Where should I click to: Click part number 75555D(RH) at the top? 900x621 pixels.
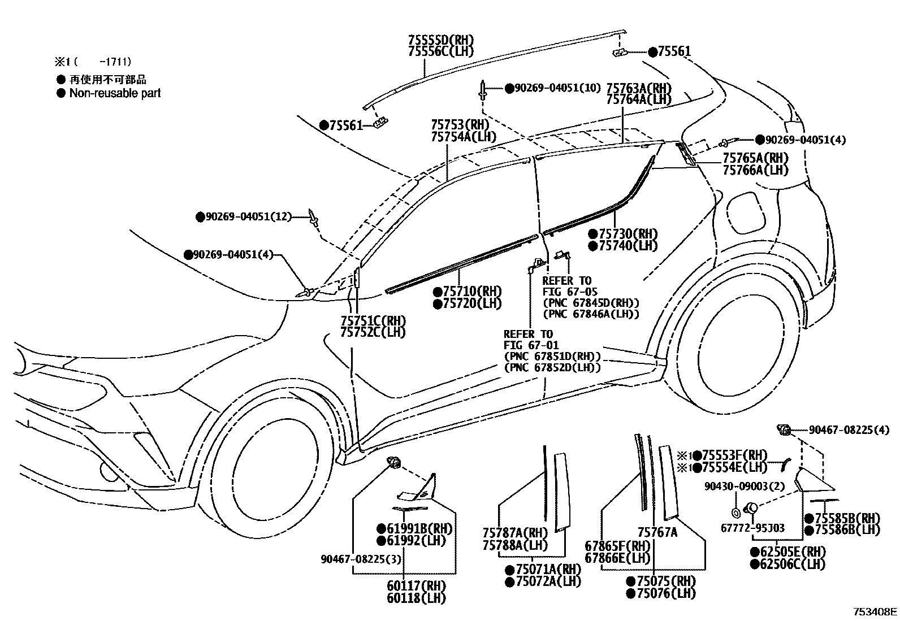[x=440, y=40]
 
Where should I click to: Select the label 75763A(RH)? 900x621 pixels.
[x=638, y=88]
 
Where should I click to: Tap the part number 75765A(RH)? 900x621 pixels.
[x=755, y=158]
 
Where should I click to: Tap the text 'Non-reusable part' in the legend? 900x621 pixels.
[x=115, y=93]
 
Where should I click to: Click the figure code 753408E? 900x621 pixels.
[x=875, y=611]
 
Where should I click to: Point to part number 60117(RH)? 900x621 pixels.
[x=416, y=586]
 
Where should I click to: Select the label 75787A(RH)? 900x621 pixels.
[x=515, y=533]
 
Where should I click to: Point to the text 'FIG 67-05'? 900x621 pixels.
[x=570, y=292]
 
